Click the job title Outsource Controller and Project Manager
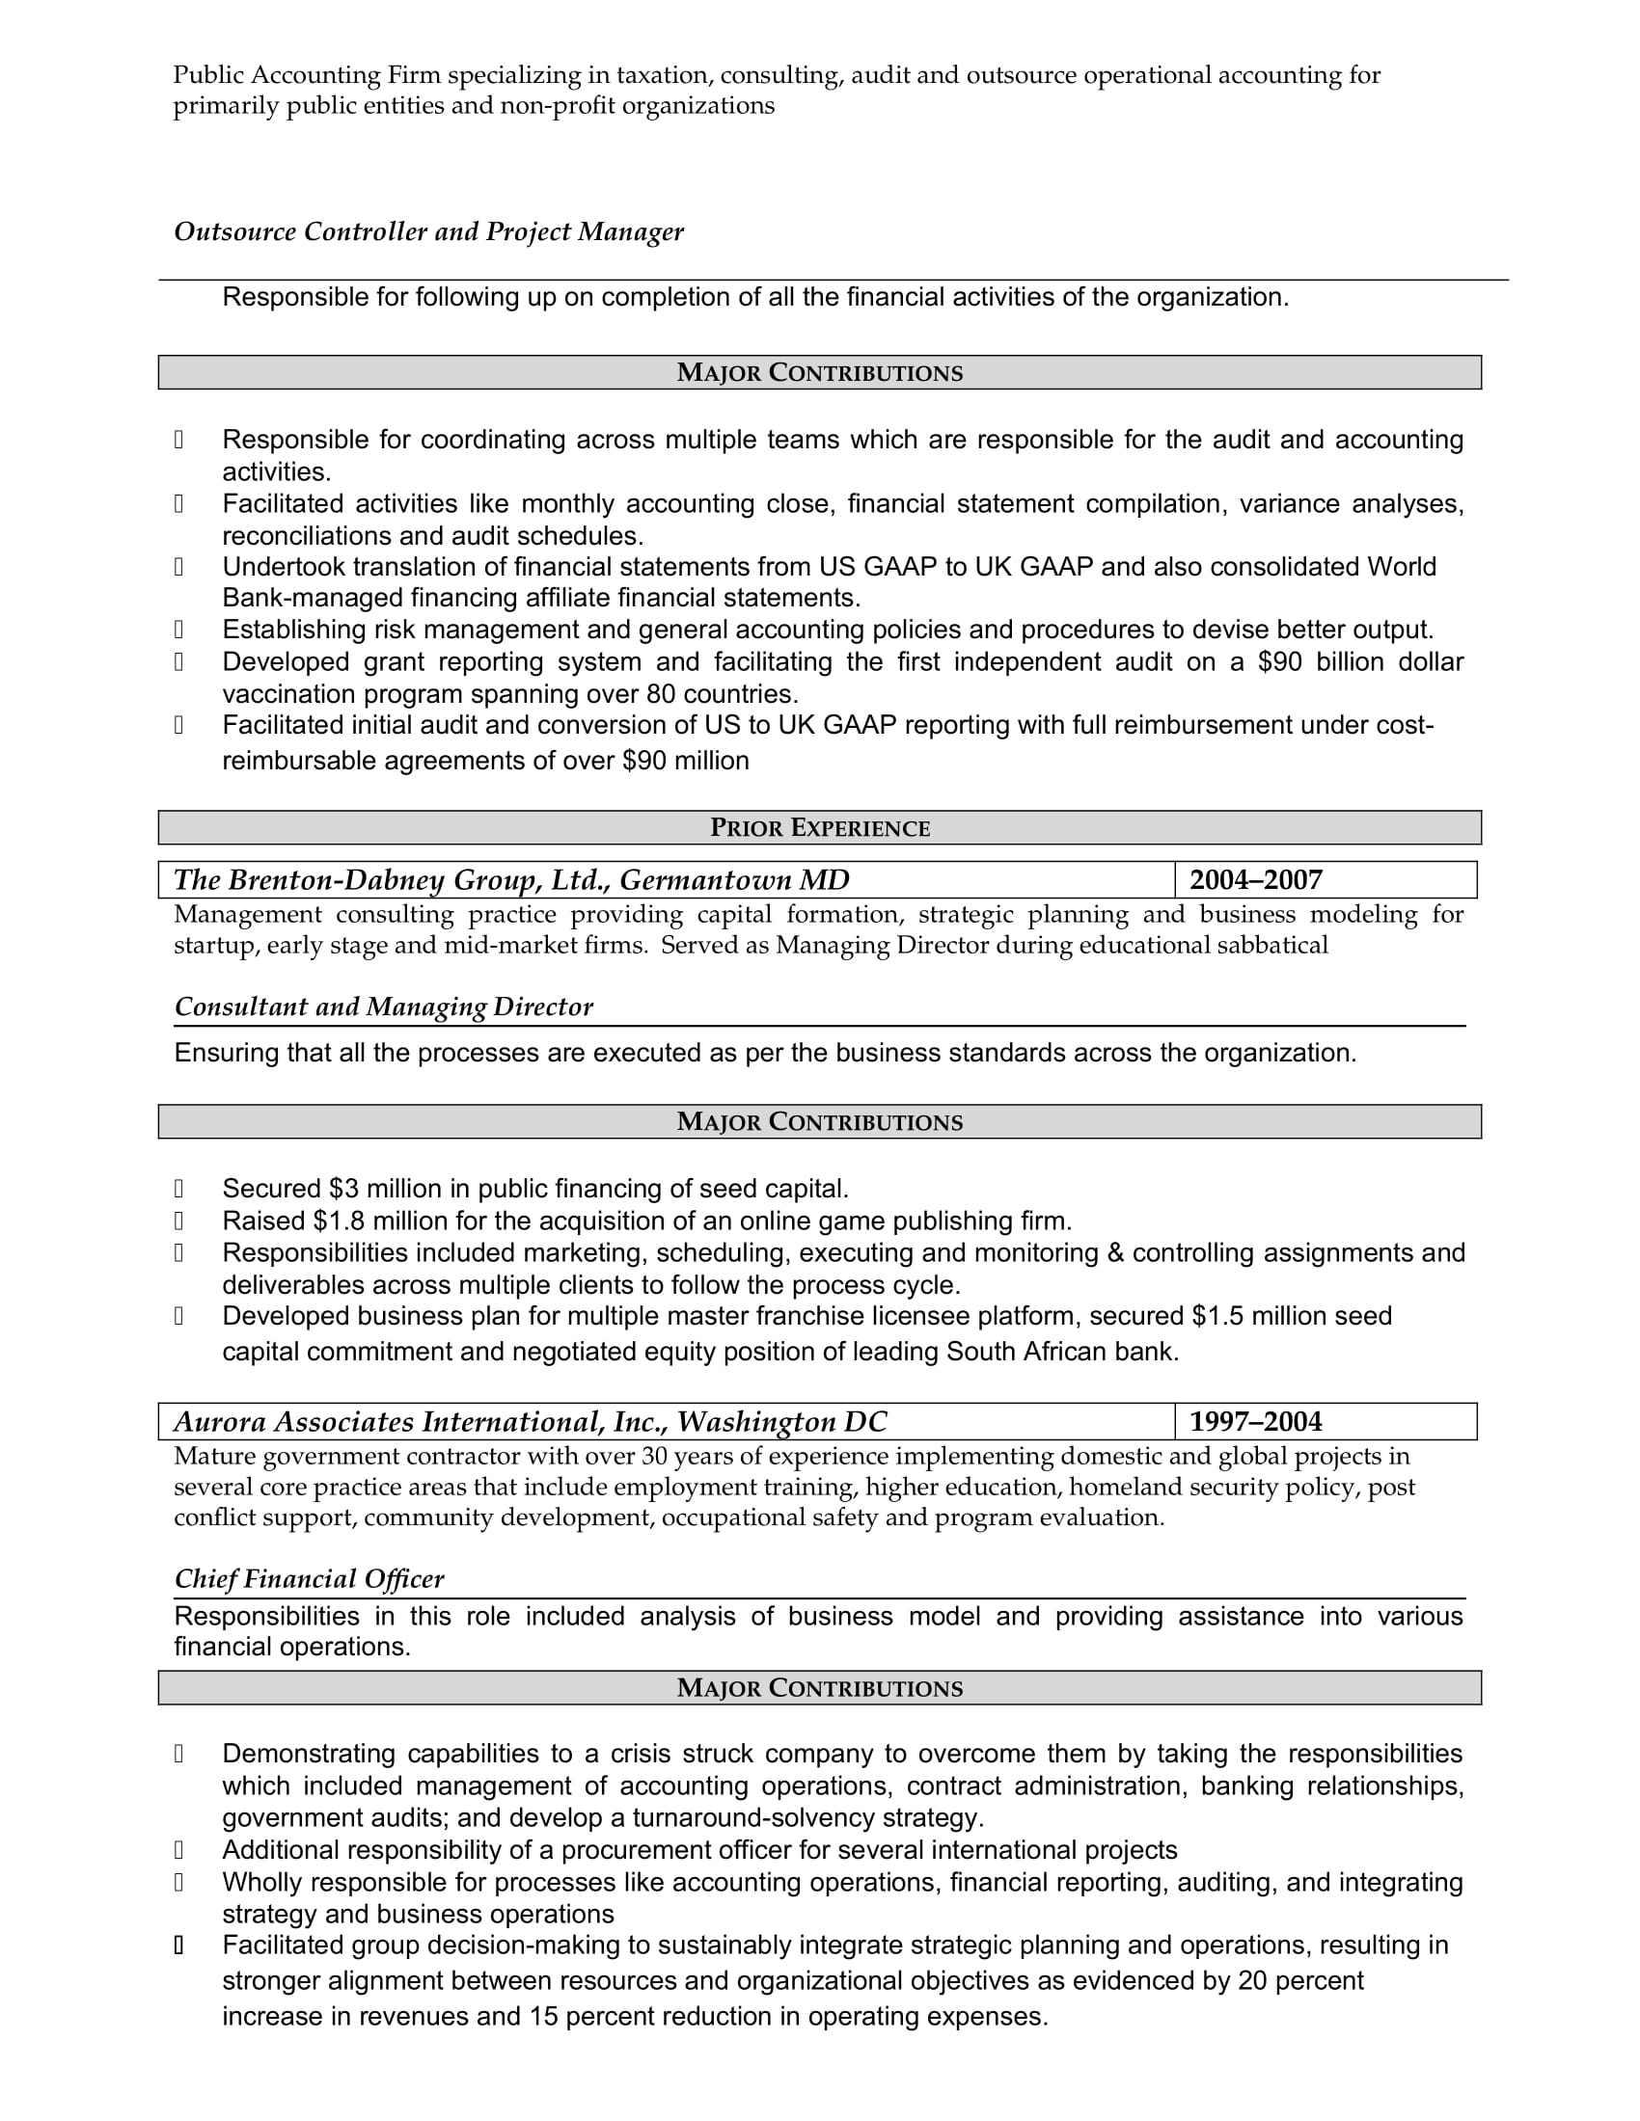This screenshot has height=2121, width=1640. click(x=428, y=232)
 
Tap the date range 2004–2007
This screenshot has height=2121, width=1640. click(x=1255, y=880)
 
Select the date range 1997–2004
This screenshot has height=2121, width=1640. click(x=1255, y=1422)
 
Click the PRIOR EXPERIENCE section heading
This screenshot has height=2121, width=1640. click(x=819, y=827)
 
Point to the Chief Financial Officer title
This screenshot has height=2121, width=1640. click(x=309, y=1579)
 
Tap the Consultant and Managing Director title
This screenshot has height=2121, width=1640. click(x=383, y=1007)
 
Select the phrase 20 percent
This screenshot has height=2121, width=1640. click(x=1300, y=1981)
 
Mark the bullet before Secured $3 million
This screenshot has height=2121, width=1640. click(x=178, y=1189)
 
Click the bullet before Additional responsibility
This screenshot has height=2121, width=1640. click(x=178, y=1850)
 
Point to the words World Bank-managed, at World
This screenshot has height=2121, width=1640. click(x=1401, y=567)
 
